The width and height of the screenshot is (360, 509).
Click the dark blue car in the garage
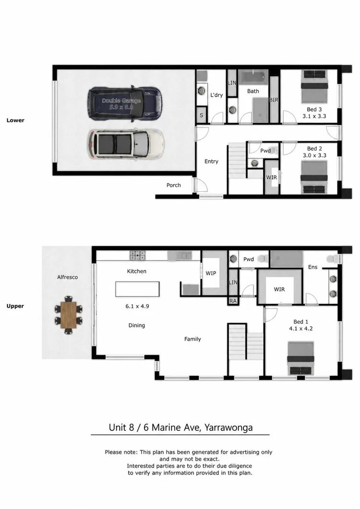pyautogui.click(x=125, y=104)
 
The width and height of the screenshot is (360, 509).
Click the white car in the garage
pyautogui.click(x=125, y=144)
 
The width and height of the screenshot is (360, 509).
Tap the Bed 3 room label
pyautogui.click(x=314, y=109)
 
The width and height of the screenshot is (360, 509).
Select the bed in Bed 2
pyautogui.click(x=314, y=177)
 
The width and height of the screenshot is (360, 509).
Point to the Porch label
pyautogui.click(x=173, y=185)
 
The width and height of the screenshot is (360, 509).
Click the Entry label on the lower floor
pyautogui.click(x=211, y=161)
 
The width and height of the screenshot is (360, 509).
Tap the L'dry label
pyautogui.click(x=216, y=95)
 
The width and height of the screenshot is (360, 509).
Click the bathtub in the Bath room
pyautogui.click(x=253, y=77)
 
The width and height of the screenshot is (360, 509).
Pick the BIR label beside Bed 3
pyautogui.click(x=274, y=100)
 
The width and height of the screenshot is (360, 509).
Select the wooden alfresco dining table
pyautogui.click(x=68, y=315)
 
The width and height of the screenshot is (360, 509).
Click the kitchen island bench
pyautogui.click(x=137, y=289)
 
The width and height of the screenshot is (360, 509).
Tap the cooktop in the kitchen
pyautogui.click(x=138, y=256)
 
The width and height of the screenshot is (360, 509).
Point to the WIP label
pyautogui.click(x=211, y=273)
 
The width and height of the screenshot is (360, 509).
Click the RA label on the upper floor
pyautogui.click(x=233, y=301)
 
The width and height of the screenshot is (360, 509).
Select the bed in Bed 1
pyautogui.click(x=300, y=358)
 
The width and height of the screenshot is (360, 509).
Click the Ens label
pyautogui.click(x=312, y=267)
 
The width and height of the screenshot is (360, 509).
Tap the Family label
pyautogui.click(x=192, y=339)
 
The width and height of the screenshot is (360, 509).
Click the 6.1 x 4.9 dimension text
pyautogui.click(x=137, y=306)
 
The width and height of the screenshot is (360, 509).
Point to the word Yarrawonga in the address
pyautogui.click(x=228, y=427)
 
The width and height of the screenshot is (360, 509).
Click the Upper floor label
pyautogui.click(x=15, y=306)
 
